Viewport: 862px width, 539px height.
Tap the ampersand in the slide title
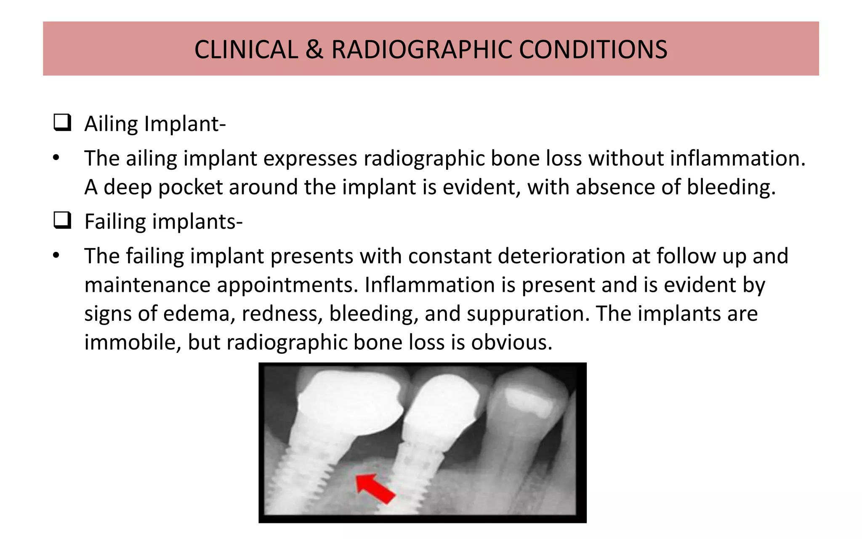[314, 50]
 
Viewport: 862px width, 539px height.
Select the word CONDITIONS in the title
[593, 50]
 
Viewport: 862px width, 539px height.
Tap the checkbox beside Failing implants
[62, 220]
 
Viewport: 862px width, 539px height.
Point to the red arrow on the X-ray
[375, 488]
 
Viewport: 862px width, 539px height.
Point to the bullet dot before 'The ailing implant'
[56, 159]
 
